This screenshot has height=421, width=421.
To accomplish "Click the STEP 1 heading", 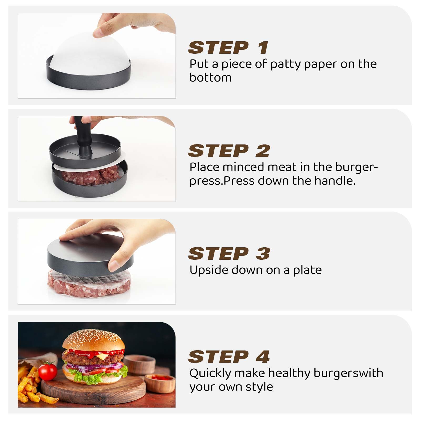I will coord(228,48).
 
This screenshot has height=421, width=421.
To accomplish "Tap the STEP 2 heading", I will coord(229,151).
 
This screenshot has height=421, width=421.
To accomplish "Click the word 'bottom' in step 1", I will coord(210,78).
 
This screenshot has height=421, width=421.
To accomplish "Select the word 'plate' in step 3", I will coord(307,270).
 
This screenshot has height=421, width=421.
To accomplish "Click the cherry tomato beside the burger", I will coord(48,370).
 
